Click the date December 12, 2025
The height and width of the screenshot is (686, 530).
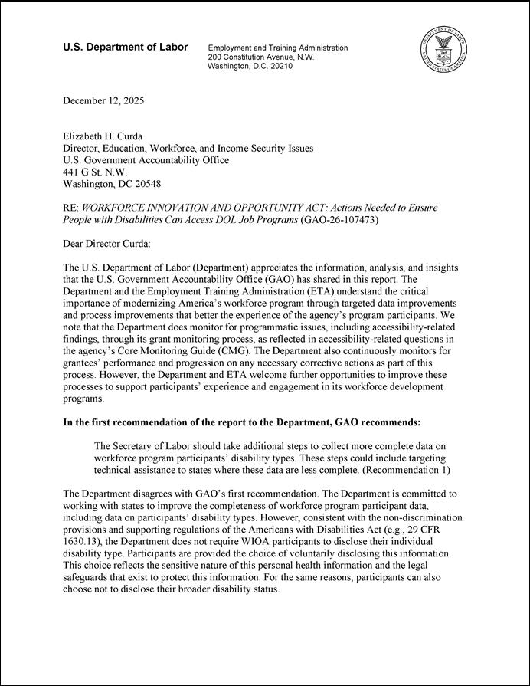[x=103, y=101]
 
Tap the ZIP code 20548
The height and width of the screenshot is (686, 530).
[x=145, y=185]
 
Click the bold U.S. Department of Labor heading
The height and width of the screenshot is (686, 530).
[x=125, y=48]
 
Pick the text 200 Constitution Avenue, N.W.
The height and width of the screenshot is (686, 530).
[x=261, y=57]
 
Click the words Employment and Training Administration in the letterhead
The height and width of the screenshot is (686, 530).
[x=278, y=48]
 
